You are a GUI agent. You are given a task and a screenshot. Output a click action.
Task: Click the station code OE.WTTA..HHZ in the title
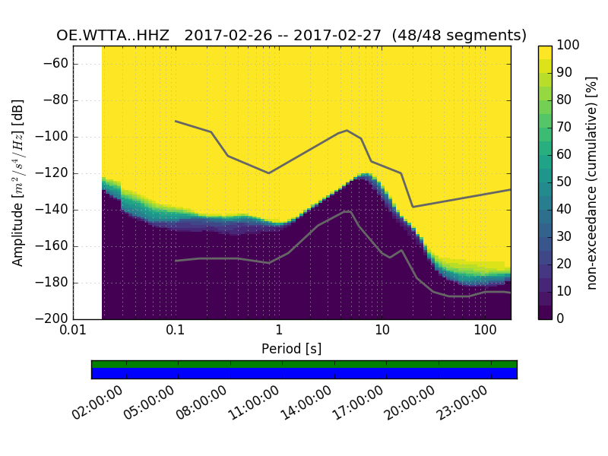pos(115,36)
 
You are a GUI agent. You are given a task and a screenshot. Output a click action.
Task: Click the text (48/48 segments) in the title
pos(466,36)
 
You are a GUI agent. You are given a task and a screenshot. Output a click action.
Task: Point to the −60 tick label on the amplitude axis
pos(55,64)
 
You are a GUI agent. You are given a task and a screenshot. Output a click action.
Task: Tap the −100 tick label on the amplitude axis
pos(52,137)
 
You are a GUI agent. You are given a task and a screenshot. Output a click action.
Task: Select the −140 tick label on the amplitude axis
pos(52,210)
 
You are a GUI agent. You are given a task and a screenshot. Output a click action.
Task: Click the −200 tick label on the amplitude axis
pos(52,318)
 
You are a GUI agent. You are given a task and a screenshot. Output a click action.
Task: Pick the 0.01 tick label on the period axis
pos(73,331)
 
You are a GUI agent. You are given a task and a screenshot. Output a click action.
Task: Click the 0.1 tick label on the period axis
pos(176,331)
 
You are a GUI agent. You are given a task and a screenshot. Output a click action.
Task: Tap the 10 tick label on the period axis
pos(382,331)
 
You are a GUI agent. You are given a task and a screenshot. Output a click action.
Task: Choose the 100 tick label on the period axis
pos(485,331)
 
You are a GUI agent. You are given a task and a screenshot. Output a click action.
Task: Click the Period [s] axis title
pos(292,349)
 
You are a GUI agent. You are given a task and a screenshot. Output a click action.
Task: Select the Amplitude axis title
pos(18,182)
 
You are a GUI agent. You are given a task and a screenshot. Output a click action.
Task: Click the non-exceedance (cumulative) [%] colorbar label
pos(594,182)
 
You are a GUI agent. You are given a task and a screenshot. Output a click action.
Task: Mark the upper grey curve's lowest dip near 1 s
pos(268,173)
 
